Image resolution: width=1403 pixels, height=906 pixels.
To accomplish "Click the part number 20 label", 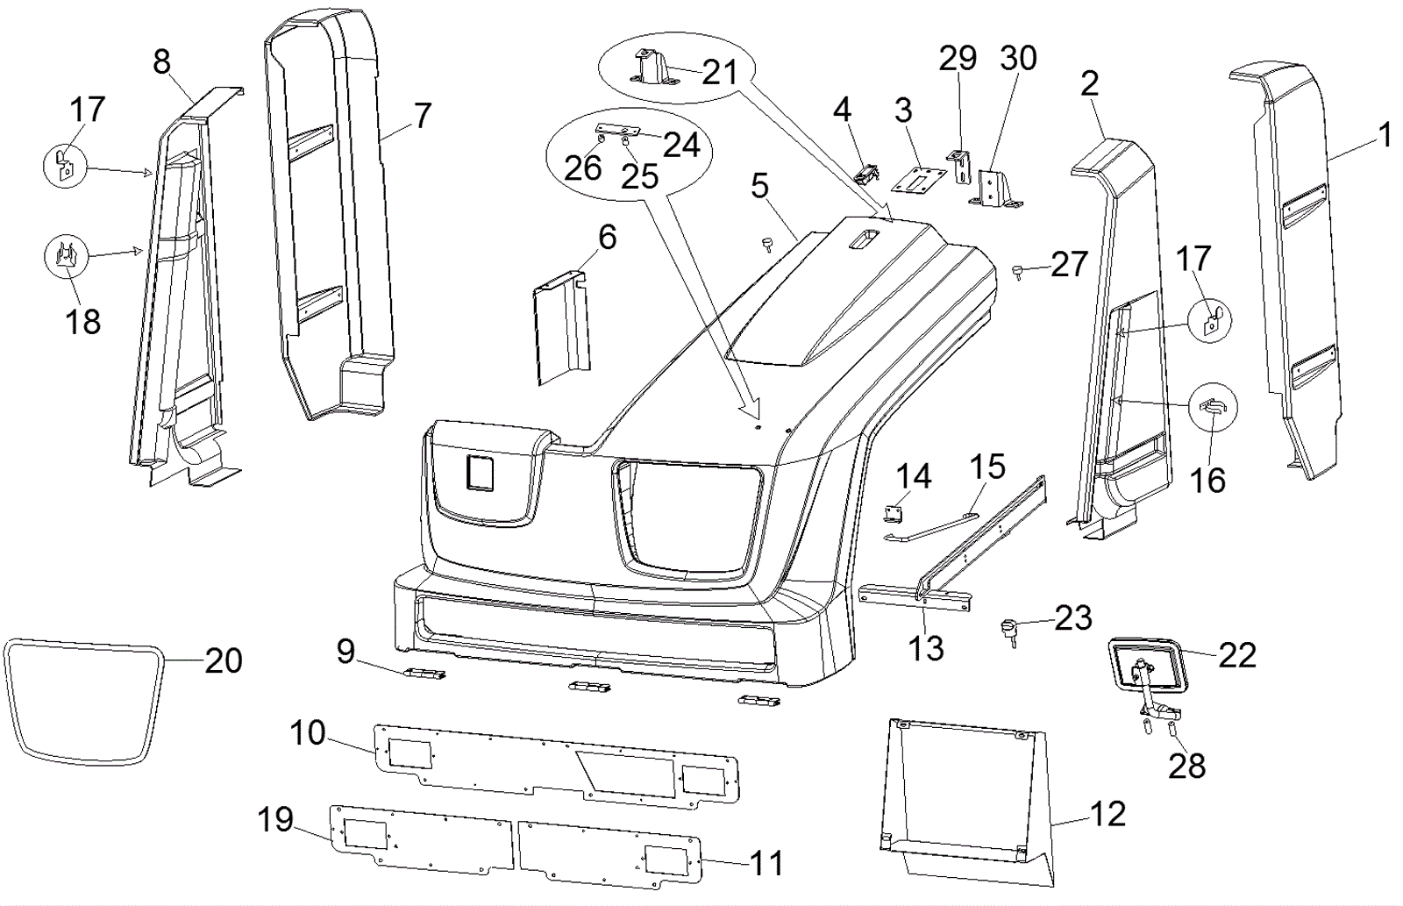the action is [224, 660].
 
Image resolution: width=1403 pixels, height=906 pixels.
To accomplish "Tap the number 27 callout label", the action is [1068, 264].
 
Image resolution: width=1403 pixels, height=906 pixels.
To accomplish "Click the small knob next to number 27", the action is [1017, 272].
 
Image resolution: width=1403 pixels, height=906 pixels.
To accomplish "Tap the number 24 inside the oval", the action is [681, 145].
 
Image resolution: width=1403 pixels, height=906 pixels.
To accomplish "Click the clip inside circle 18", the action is [65, 256].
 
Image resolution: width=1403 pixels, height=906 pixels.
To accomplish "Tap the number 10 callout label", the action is [308, 732].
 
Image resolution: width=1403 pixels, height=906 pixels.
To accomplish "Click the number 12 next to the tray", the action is [1107, 814].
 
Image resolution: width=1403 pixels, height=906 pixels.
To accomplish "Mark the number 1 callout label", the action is [1385, 135].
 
